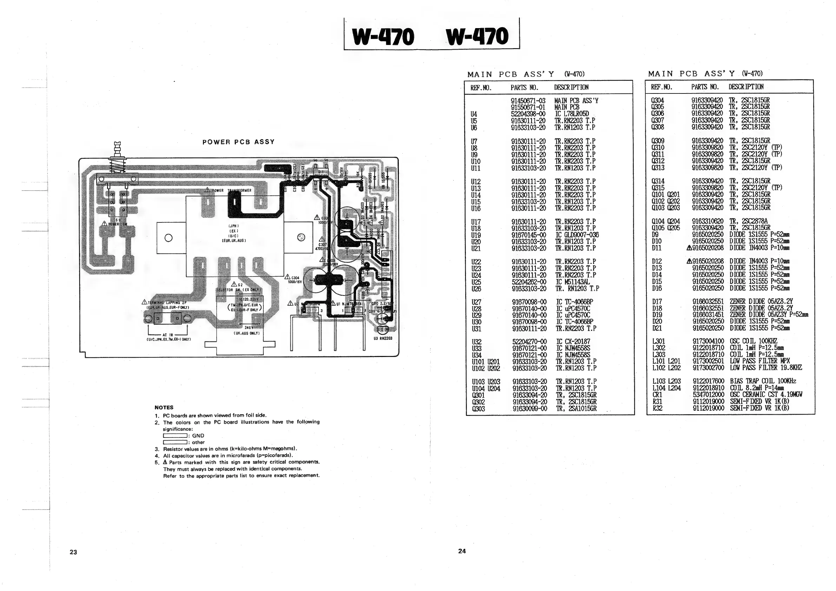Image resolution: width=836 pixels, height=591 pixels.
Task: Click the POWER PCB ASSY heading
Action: tap(238, 142)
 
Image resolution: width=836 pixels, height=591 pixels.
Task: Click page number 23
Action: tap(73, 552)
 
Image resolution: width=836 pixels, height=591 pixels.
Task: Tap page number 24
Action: tap(462, 551)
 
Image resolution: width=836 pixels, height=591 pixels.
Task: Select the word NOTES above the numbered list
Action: tap(164, 407)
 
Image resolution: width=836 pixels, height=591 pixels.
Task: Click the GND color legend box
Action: tap(175, 436)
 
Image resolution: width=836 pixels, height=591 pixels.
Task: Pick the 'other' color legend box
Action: tap(175, 442)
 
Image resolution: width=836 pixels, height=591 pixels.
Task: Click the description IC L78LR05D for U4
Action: tap(572, 114)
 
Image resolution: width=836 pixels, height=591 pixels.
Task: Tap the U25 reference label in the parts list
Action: tap(476, 282)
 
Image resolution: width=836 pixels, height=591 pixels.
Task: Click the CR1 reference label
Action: tap(657, 395)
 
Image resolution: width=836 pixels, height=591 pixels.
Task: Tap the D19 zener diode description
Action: tap(768, 315)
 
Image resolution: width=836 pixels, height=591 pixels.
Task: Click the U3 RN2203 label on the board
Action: tap(383, 338)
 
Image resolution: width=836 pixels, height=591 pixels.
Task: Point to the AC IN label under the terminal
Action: tap(168, 335)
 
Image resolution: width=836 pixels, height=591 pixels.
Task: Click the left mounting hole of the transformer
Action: tap(168, 238)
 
